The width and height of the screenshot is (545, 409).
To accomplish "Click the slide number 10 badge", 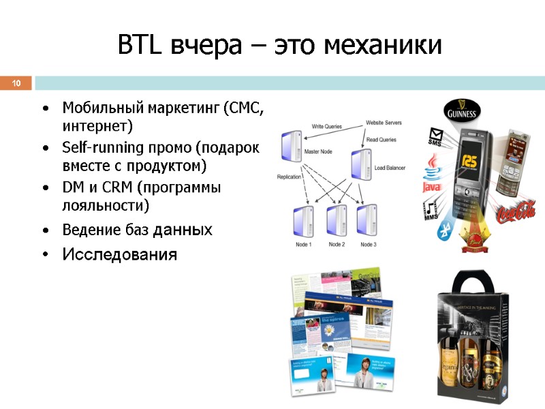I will (x=16, y=84).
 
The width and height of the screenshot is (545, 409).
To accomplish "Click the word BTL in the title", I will (x=141, y=46).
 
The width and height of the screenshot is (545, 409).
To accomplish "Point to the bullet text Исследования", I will (x=119, y=255).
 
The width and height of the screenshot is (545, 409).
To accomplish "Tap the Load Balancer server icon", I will (x=360, y=164).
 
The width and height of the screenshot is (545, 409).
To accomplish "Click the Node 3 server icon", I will (x=367, y=219).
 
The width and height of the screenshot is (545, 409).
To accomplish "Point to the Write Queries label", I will (x=326, y=126).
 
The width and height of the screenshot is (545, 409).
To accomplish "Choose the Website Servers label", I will (x=384, y=123).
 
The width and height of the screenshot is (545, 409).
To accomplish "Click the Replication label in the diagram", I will (x=289, y=177).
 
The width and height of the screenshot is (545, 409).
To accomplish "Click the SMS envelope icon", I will (x=435, y=136).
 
